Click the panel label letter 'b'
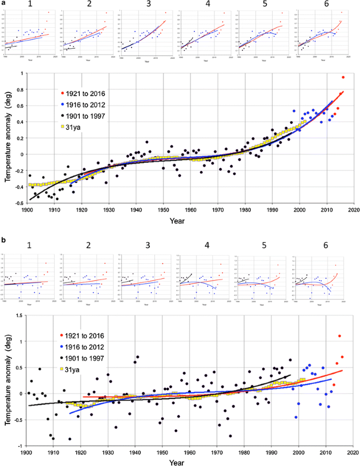pyautogui.click(x=4, y=239)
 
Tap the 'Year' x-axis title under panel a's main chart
pyautogui.click(x=177, y=220)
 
